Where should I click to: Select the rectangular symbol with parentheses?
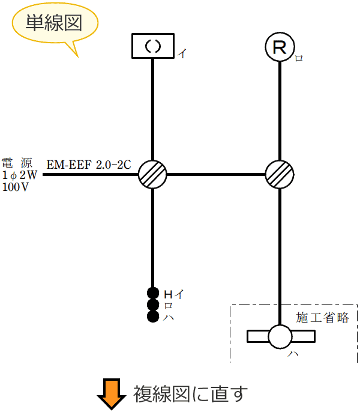(153, 47)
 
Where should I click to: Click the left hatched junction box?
(153, 174)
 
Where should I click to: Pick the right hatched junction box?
(280, 174)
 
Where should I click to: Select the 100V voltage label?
(16, 187)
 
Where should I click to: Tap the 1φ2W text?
(18, 175)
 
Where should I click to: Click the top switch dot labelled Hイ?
(152, 293)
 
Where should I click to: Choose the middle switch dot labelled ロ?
(152, 304)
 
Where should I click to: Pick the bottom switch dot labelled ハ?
(152, 316)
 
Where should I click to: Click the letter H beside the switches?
(168, 294)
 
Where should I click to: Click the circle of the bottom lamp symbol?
(280, 336)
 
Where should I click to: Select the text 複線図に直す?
(190, 394)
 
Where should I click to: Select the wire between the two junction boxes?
(216, 174)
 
